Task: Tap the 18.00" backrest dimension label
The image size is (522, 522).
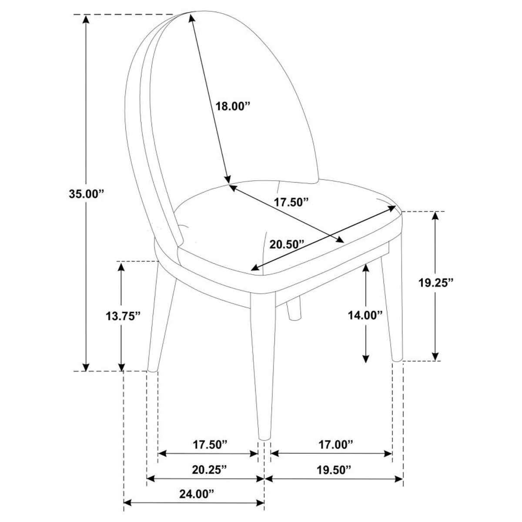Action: pyautogui.click(x=233, y=106)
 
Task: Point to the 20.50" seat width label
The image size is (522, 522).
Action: pyautogui.click(x=286, y=244)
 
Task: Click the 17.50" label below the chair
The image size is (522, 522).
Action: pyautogui.click(x=210, y=444)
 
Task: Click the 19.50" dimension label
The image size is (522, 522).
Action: pyautogui.click(x=333, y=469)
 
